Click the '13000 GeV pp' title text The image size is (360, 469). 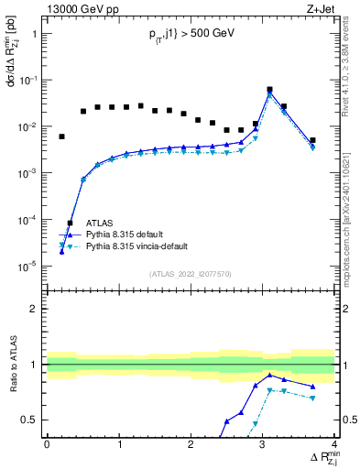click(77, 8)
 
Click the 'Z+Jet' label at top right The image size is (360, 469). click(320, 8)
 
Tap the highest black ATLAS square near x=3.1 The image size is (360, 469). click(269, 90)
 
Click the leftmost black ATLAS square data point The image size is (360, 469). click(61, 136)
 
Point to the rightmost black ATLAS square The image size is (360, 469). click(312, 140)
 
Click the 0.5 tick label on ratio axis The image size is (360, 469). click(31, 420)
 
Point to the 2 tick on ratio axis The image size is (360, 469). click(35, 309)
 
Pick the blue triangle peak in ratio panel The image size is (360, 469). click(269, 375)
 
